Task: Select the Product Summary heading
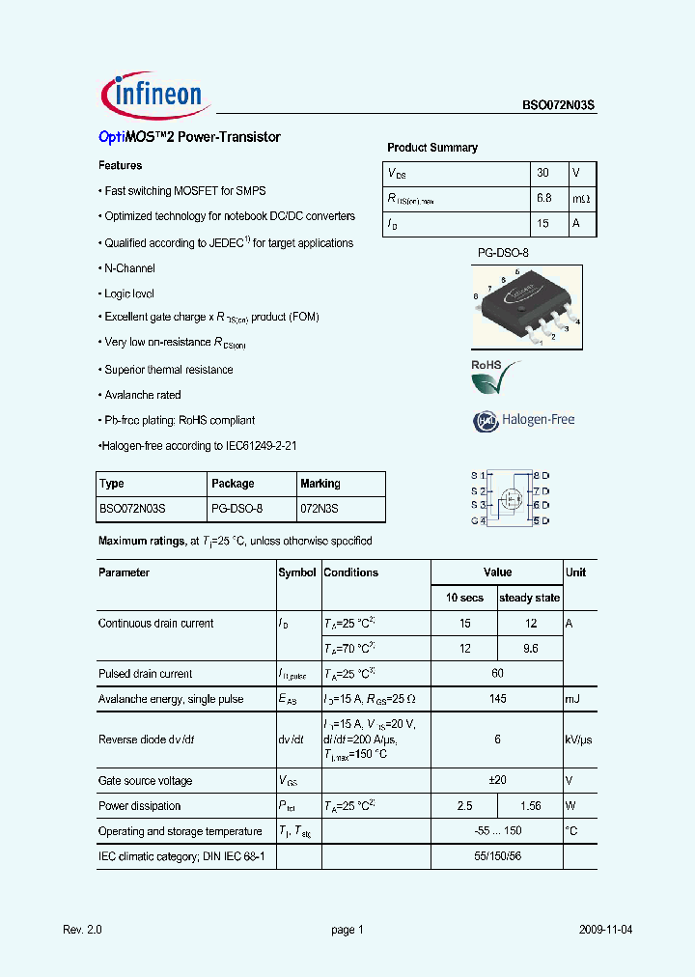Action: pyautogui.click(x=431, y=148)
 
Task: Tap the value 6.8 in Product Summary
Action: pyautogui.click(x=543, y=198)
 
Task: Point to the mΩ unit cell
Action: pyautogui.click(x=580, y=198)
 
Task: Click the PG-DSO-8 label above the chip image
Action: pyautogui.click(x=503, y=253)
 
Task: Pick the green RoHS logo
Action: pyautogui.click(x=494, y=377)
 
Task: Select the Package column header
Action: pyautogui.click(x=233, y=484)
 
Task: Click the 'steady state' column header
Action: pyautogui.click(x=529, y=598)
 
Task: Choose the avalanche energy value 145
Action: pyautogui.click(x=497, y=699)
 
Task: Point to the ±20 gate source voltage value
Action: pyautogui.click(x=497, y=781)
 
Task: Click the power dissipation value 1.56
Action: pyautogui.click(x=530, y=806)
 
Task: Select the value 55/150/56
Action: pyautogui.click(x=497, y=856)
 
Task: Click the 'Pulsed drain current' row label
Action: pyautogui.click(x=145, y=674)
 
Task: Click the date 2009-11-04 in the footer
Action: pyautogui.click(x=605, y=930)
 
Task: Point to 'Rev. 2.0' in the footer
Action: pyautogui.click(x=82, y=930)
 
